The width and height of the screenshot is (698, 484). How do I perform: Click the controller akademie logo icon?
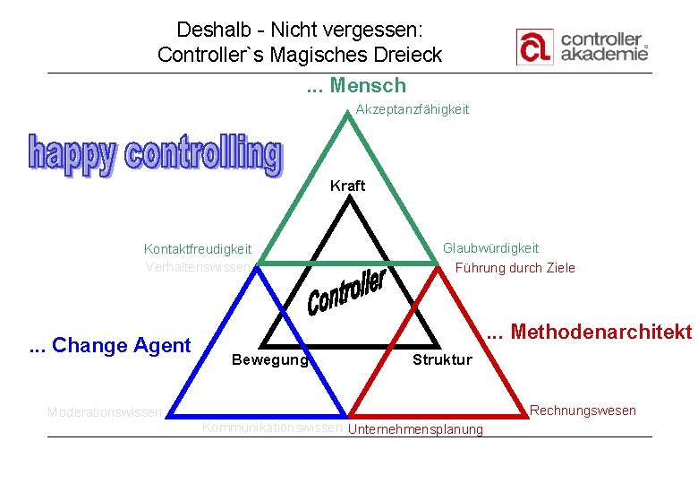[x=535, y=47]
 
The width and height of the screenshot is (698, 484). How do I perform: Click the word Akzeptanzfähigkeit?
[x=412, y=109]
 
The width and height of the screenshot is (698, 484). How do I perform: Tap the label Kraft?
[x=347, y=186]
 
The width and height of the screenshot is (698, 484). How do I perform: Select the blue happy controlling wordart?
[x=155, y=155]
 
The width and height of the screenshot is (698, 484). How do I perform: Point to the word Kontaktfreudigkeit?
[x=198, y=249]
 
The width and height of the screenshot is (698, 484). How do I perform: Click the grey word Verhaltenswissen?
[x=201, y=267]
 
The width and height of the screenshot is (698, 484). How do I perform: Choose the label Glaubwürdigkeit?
[x=490, y=248]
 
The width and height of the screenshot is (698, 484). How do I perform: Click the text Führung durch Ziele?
[x=515, y=268]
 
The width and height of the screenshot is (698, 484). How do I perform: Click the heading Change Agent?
[x=121, y=346]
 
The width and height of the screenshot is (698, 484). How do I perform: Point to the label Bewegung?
[x=268, y=360]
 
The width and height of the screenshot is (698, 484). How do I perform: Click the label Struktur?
[x=442, y=360]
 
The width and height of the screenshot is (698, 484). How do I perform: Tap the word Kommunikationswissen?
[x=272, y=428]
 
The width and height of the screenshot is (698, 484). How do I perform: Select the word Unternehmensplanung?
[x=415, y=429]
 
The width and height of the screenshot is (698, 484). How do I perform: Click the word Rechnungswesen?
[x=583, y=411]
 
